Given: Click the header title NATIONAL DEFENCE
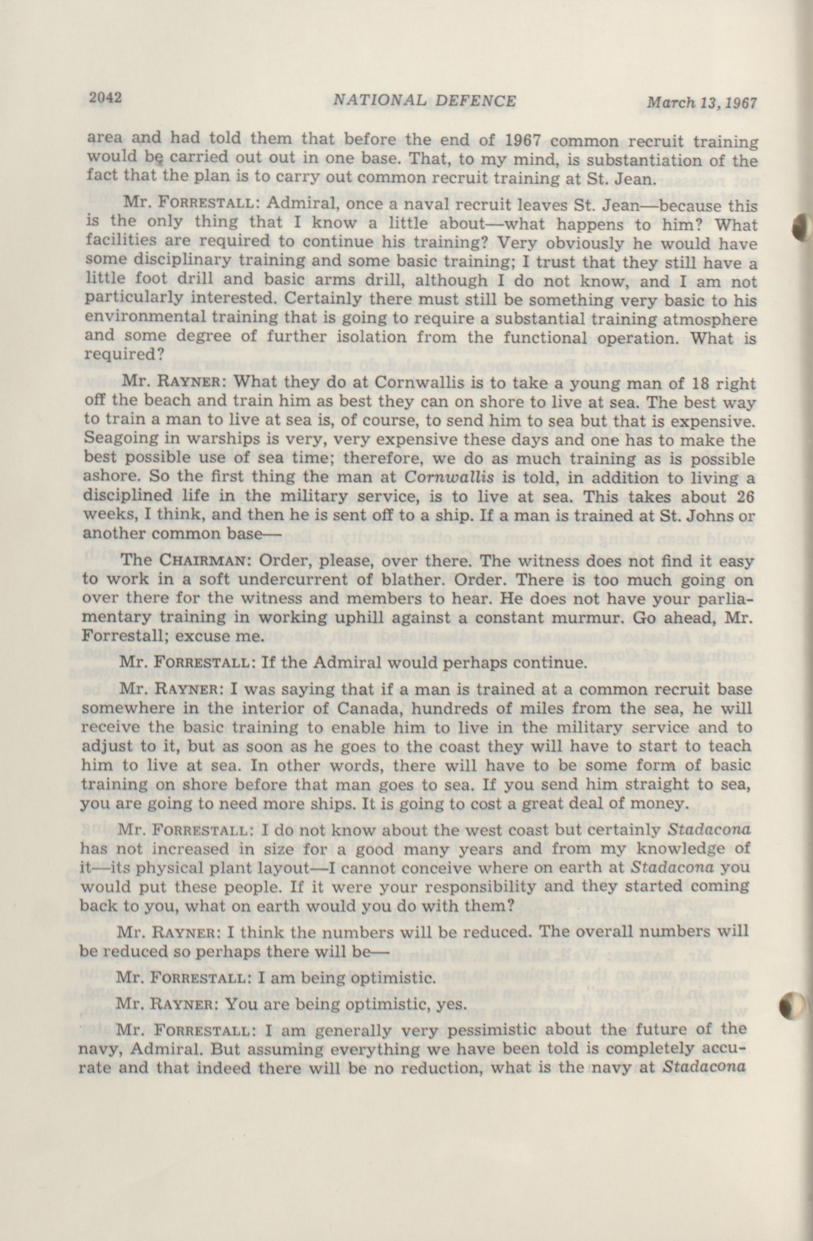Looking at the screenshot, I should (424, 100).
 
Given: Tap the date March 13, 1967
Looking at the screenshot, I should (702, 102).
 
